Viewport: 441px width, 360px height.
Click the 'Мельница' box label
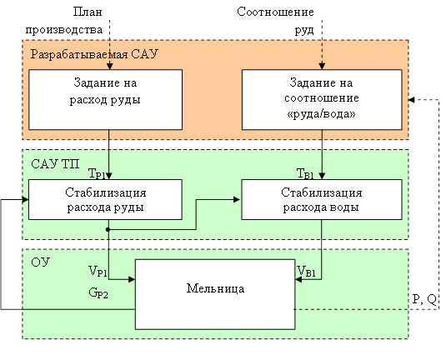pos(215,288)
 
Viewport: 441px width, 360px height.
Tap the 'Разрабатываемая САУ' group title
pos(94,54)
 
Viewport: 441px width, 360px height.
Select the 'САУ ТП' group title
pos(55,163)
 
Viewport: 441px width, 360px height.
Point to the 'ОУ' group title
pos(41,262)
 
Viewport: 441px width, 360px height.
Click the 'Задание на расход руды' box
pos(106,99)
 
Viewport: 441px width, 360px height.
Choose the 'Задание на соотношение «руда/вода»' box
pos(322,99)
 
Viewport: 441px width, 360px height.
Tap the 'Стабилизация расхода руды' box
pos(106,199)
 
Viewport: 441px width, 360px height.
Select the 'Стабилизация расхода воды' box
pos(322,199)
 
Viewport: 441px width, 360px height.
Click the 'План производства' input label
pos(64,21)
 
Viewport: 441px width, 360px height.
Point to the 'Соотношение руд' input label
pos(275,21)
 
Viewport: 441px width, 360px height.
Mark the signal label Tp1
pos(97,173)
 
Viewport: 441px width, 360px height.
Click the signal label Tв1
pos(305,173)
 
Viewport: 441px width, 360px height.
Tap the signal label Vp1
pos(98,272)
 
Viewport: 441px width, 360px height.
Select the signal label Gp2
pos(98,292)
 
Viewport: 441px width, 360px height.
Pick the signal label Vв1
pos(306,272)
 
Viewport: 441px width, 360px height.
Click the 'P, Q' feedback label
pos(424,299)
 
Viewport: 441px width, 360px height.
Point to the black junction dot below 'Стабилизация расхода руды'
pos(108,230)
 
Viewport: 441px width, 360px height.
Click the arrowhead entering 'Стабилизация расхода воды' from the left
pos(237,200)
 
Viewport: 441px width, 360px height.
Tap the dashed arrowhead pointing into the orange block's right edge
pos(412,99)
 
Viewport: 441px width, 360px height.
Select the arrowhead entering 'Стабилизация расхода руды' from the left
pos(25,200)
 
